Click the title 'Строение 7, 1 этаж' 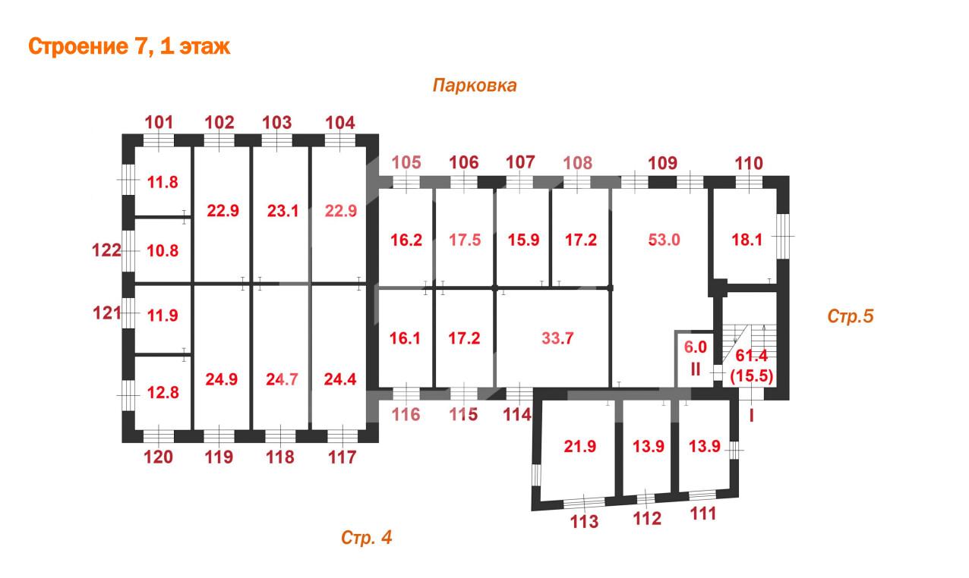[x=129, y=47]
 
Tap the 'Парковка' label [x=475, y=86]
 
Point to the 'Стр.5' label [x=851, y=316]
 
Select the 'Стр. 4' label [x=366, y=537]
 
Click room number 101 [x=159, y=122]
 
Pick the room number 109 [x=662, y=163]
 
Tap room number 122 [x=106, y=250]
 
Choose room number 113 [x=585, y=522]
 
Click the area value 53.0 [x=664, y=240]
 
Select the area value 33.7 [x=557, y=338]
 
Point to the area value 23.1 [x=283, y=211]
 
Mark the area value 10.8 [x=163, y=251]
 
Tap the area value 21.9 [x=580, y=446]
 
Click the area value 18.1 [x=747, y=240]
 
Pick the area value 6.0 [x=695, y=347]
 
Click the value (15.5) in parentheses [x=751, y=375]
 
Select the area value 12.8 [x=163, y=393]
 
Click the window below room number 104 [x=340, y=141]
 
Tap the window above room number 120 [x=158, y=436]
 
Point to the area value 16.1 [x=405, y=338]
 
